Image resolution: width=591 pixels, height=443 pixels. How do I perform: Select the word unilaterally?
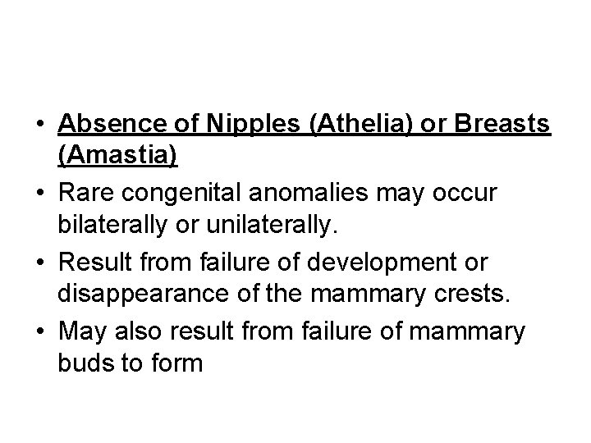(280, 223)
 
